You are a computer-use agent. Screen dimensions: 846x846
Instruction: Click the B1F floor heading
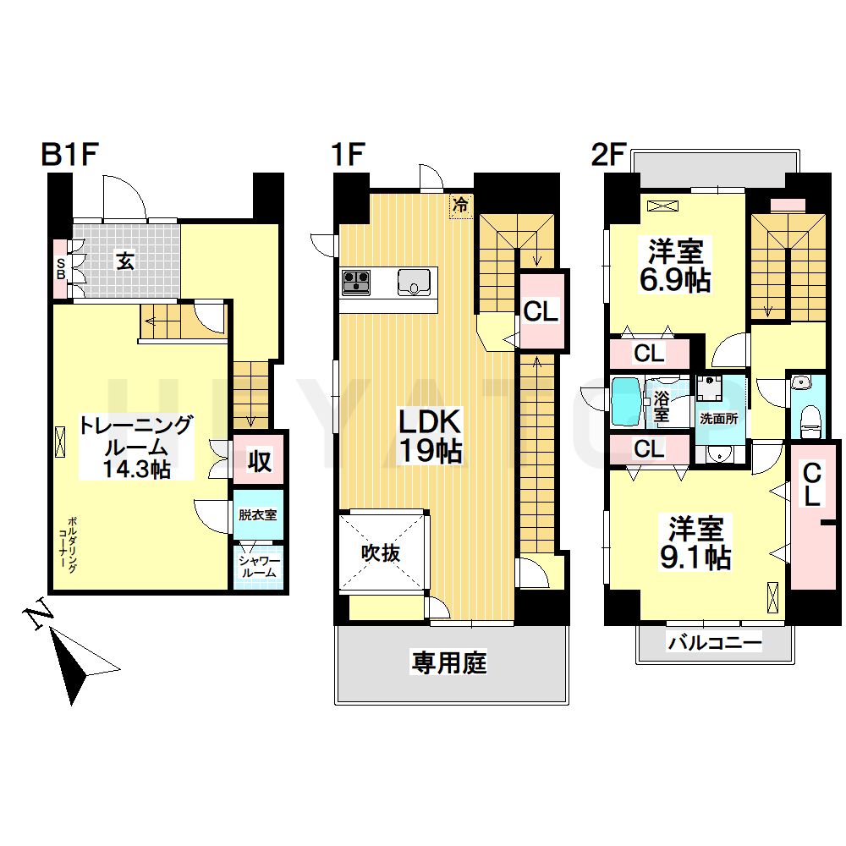point(69,155)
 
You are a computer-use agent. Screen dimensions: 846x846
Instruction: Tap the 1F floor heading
point(349,155)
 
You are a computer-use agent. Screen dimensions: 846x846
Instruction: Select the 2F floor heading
point(608,155)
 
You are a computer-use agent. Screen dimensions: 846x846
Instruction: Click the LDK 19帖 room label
point(430,436)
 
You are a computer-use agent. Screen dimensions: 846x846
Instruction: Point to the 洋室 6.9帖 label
point(675,266)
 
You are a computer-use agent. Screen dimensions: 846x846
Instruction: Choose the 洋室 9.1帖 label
point(696,543)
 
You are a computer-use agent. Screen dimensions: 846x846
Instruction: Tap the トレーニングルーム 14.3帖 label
point(135,448)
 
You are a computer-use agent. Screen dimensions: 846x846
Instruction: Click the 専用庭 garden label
point(449,662)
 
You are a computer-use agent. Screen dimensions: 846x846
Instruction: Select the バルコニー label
point(715,643)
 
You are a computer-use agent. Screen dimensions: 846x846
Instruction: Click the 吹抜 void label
point(381,553)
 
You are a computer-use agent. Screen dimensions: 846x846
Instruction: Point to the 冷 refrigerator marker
point(461,206)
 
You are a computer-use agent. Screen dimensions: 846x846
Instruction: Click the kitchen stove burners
point(356,283)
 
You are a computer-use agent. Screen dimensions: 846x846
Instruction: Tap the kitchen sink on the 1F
point(414,283)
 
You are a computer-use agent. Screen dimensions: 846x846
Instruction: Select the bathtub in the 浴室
point(626,401)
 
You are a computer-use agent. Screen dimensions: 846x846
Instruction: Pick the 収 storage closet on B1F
point(259,459)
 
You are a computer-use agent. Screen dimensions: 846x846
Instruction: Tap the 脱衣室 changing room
point(258,514)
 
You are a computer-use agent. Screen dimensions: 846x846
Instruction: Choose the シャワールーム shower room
point(258,568)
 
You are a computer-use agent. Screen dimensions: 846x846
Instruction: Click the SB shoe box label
point(60,268)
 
